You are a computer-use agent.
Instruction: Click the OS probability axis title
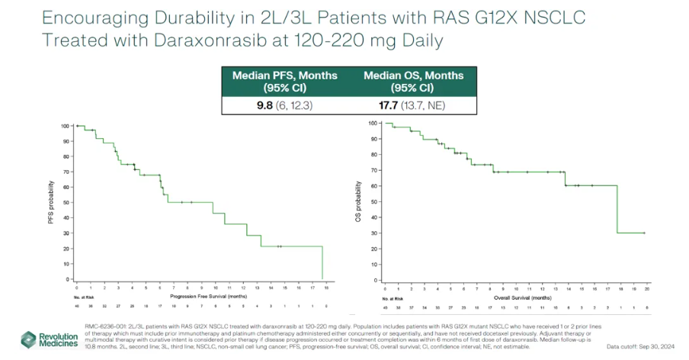357,202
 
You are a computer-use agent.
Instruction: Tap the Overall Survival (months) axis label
517,296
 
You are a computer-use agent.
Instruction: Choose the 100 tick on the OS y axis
373,123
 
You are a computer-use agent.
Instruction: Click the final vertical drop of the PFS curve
323,263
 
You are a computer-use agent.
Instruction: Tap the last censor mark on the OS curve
645,233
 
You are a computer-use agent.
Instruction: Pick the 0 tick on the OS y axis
377,281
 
